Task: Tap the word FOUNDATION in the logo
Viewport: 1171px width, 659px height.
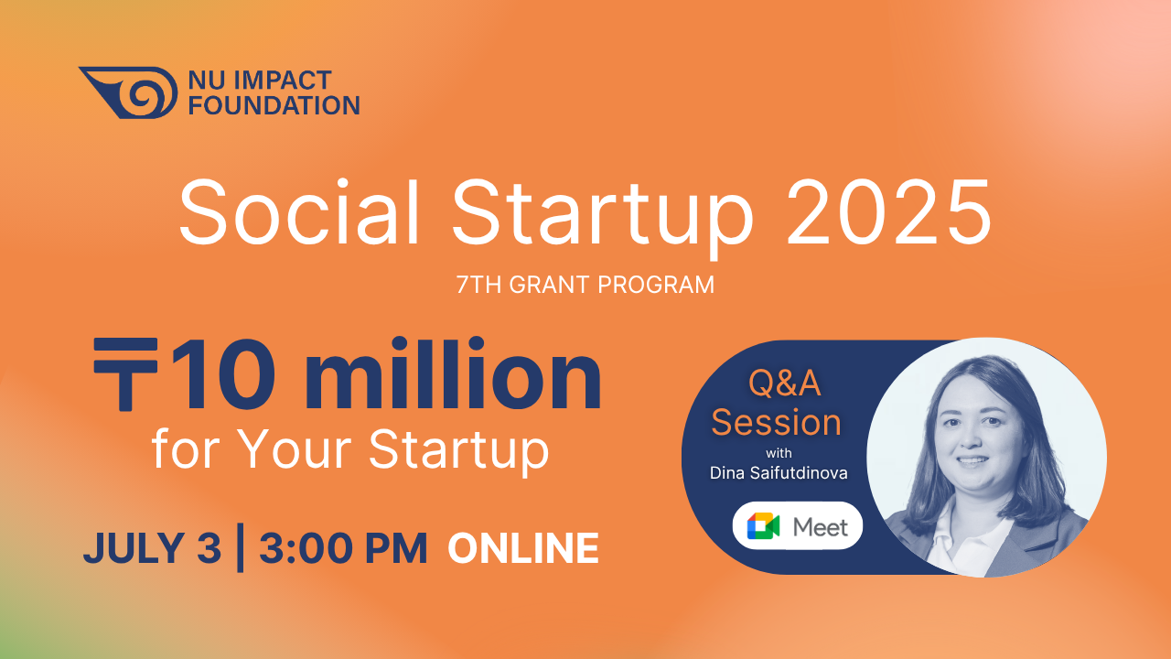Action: pos(274,105)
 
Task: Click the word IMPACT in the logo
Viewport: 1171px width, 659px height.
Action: pos(283,80)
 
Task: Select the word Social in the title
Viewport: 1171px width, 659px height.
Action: pos(299,211)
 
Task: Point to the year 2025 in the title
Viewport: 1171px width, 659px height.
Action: pos(888,211)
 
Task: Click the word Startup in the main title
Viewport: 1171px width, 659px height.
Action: pos(602,217)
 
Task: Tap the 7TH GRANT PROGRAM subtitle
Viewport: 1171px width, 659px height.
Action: pos(585,285)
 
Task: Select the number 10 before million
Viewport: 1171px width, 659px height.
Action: pos(223,375)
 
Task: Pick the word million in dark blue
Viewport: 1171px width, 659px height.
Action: pos(453,373)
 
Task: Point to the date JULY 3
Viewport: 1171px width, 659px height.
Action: pos(152,548)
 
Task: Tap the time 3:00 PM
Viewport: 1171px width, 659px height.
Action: pos(343,548)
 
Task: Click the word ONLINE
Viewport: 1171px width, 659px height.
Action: pos(523,548)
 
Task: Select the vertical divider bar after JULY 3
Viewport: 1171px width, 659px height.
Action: pos(240,547)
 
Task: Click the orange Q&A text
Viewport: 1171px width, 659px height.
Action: pos(785,384)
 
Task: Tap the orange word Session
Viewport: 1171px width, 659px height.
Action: pos(777,422)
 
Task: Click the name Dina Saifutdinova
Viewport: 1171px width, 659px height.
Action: pos(779,473)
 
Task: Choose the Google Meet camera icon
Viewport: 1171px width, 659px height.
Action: pos(763,526)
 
